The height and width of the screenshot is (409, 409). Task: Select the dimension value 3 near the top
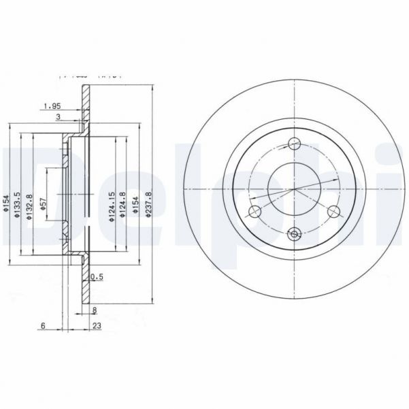(x=59, y=118)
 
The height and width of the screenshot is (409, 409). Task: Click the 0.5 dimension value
(x=97, y=276)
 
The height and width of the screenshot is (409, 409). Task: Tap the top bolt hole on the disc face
(x=295, y=144)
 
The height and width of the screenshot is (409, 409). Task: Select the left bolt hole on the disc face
(x=255, y=212)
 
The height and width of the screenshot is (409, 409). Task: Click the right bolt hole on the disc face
(x=333, y=212)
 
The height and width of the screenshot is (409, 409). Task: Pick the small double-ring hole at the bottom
(x=295, y=235)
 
